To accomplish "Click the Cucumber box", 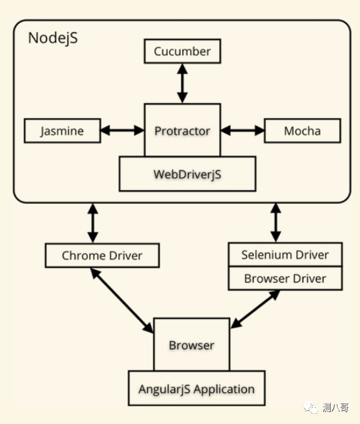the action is [x=182, y=51].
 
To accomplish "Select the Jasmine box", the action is [x=62, y=130].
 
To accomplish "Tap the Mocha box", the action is [x=303, y=130].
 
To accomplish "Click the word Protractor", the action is [x=182, y=131].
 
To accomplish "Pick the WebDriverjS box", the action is [x=187, y=174].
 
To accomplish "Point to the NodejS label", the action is [x=53, y=37].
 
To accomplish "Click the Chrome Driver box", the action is [x=102, y=256].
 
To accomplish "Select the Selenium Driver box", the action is [x=285, y=254].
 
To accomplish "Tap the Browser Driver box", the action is [x=285, y=278].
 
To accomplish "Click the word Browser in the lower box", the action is [x=192, y=345].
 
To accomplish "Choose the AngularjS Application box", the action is [x=197, y=388].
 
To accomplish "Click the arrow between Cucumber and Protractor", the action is [x=182, y=84].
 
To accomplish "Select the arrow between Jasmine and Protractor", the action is [x=122, y=130].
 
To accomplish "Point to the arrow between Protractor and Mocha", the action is [x=243, y=130].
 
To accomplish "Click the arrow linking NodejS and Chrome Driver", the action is [x=93, y=223].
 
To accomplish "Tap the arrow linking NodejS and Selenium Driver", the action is [x=276, y=223].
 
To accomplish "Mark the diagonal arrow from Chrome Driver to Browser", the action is [x=122, y=301].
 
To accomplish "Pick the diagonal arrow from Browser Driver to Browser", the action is [x=255, y=309].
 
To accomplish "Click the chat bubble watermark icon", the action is [x=311, y=408].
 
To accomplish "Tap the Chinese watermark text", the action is [x=336, y=408].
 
